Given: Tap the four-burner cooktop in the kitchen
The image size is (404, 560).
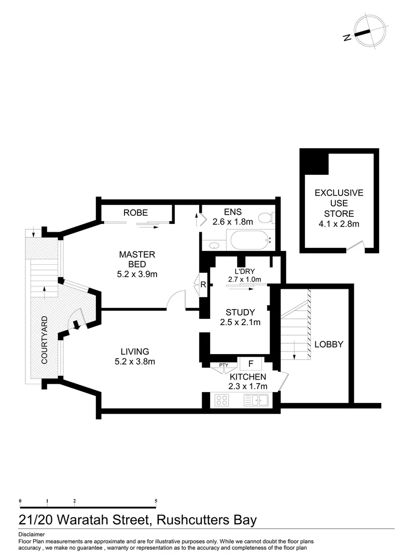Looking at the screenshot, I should tap(222, 400).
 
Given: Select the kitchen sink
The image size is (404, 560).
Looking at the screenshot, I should tap(255, 400).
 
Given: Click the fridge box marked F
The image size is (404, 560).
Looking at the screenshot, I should tap(250, 363).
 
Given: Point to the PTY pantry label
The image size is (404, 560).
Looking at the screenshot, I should tap(224, 365).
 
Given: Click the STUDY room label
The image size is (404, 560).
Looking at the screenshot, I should tap(240, 312).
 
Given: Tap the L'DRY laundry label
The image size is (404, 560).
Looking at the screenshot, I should tap(244, 271).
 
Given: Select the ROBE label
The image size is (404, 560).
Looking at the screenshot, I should tap(135, 213).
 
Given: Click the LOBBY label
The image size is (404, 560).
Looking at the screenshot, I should tap(329, 344).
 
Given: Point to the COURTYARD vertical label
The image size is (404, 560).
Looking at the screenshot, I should tap(45, 339).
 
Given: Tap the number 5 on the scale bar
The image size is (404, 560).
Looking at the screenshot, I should tap(156, 501).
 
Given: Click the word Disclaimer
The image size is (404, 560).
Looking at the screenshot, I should tap(32, 534).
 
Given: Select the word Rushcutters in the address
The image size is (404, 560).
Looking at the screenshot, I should tap(192, 520).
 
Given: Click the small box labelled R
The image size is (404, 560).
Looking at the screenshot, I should tap(202, 285).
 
